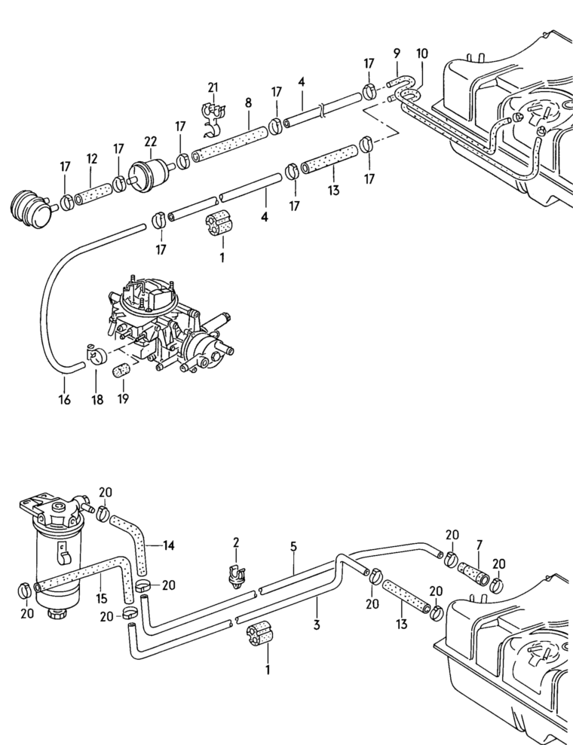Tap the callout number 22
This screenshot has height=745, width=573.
tap(151, 141)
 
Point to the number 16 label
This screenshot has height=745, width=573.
tap(64, 399)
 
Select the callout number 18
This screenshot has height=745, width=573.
tap(97, 399)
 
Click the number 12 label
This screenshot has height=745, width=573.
tap(92, 159)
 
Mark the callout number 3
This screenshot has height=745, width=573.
tap(317, 624)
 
